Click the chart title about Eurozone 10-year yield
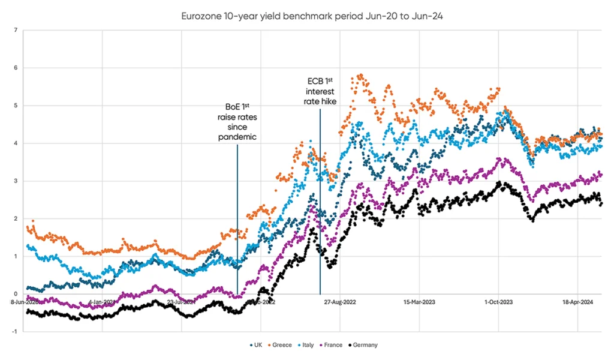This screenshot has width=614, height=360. point(312,16)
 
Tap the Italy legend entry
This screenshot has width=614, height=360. point(306,345)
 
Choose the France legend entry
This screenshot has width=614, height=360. point(332,345)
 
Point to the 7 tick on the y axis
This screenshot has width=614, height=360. point(15,30)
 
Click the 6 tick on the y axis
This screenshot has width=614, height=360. point(15,68)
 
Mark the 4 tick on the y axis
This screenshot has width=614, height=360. point(15,143)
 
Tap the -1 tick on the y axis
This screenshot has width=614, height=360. point(14,332)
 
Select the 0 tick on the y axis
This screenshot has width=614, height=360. point(15,294)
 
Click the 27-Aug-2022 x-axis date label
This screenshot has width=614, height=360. point(340,302)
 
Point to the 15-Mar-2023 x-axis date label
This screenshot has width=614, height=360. point(419,302)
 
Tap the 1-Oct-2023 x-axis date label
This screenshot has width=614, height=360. point(498,302)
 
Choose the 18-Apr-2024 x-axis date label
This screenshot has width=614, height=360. point(577,302)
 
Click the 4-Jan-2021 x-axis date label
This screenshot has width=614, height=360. point(103,302)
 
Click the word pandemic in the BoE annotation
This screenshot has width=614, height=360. point(237,137)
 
